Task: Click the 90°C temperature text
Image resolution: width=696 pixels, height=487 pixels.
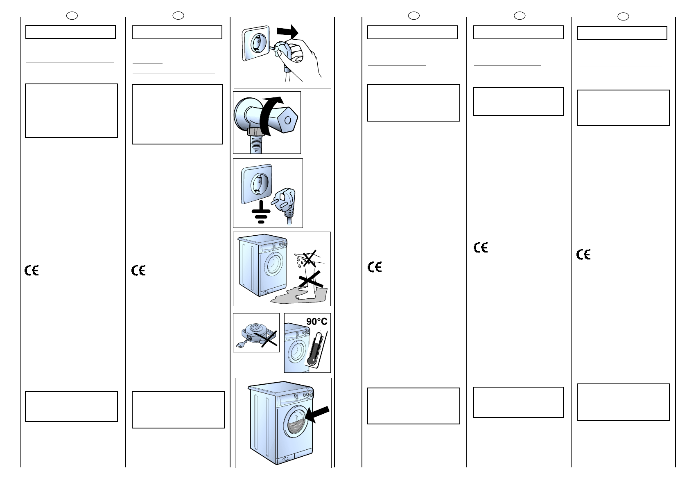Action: [x=316, y=322]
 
